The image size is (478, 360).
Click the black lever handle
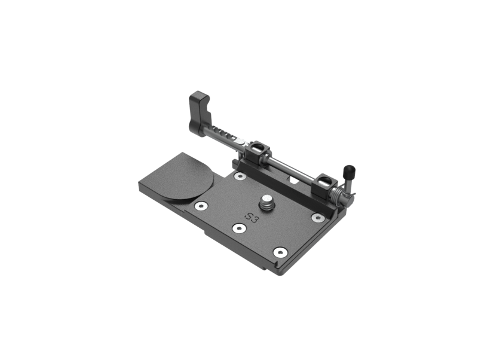pos(200,114)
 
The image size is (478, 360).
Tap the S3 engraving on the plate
pos(252,218)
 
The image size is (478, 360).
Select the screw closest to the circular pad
pos(201,206)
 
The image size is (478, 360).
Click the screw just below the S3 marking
pos(238,228)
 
